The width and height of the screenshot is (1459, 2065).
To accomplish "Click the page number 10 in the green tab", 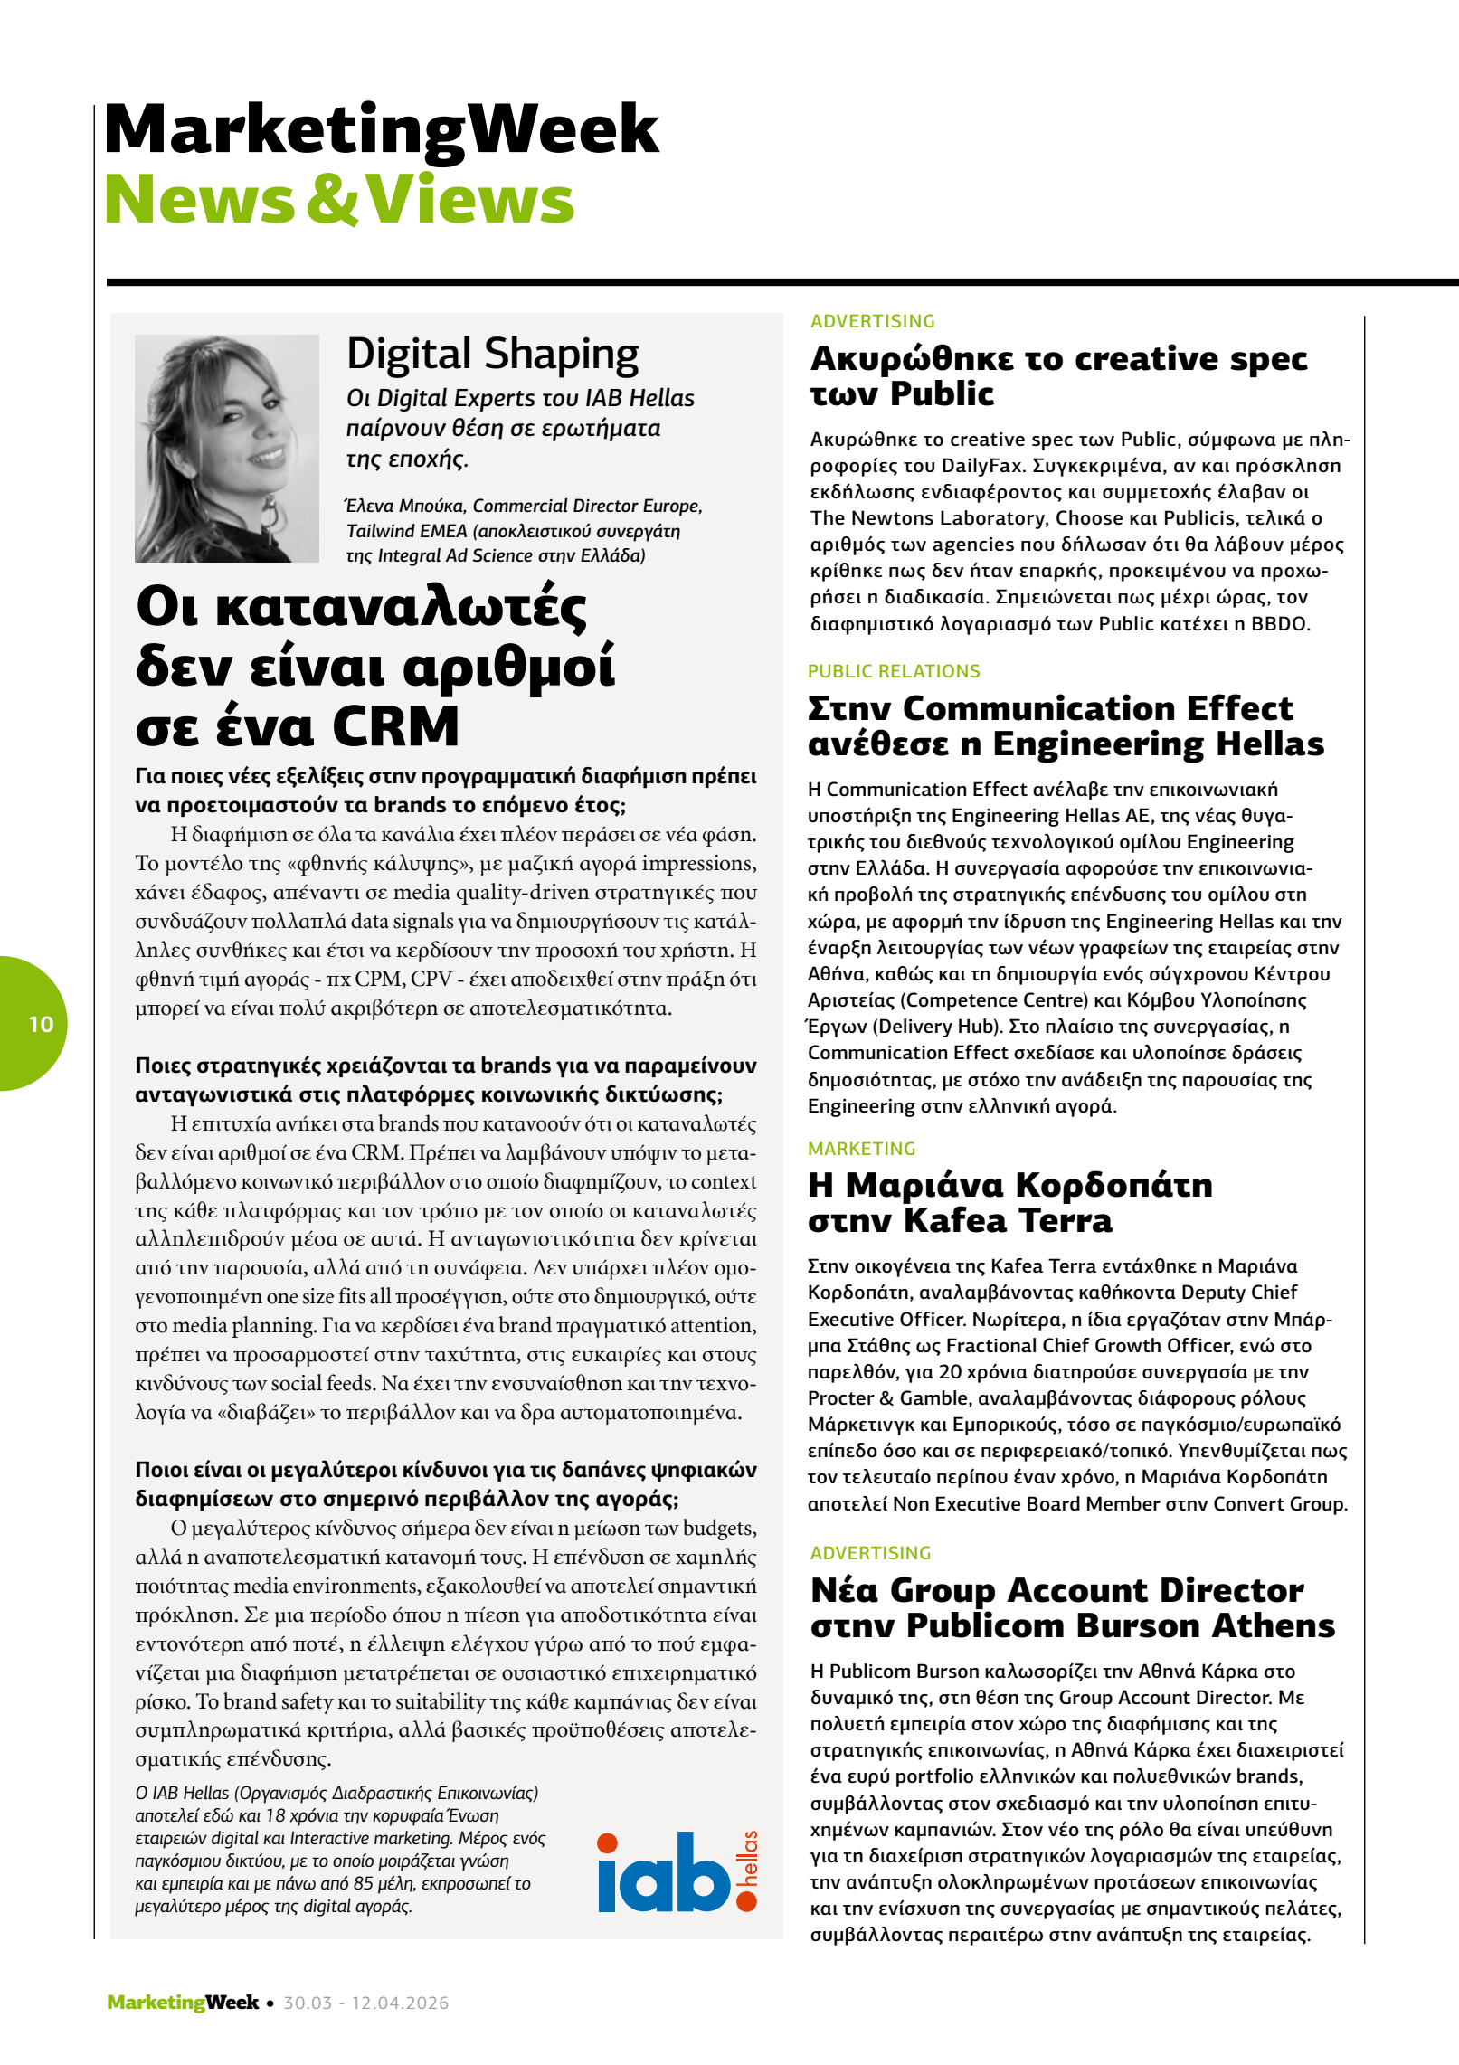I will point(41,1024).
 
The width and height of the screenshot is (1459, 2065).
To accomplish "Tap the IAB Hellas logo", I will point(677,1871).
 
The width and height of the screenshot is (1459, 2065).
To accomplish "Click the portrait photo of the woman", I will point(226,448).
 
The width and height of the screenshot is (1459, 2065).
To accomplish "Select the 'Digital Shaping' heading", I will point(492,354).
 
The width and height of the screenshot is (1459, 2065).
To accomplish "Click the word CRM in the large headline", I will point(395,726).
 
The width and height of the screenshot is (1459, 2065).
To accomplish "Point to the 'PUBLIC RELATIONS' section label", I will point(894,671).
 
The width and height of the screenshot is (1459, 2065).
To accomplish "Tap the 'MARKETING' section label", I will point(861,1149).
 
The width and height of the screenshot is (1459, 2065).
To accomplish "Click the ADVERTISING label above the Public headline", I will point(872,321).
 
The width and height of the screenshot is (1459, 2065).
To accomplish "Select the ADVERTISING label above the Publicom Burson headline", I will point(870,1553).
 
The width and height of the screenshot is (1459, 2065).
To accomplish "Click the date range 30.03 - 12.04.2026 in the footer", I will point(365,2003).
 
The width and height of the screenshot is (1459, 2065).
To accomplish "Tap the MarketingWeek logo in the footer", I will point(182,2003).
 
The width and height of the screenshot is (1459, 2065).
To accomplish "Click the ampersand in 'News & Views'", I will point(332,200).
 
